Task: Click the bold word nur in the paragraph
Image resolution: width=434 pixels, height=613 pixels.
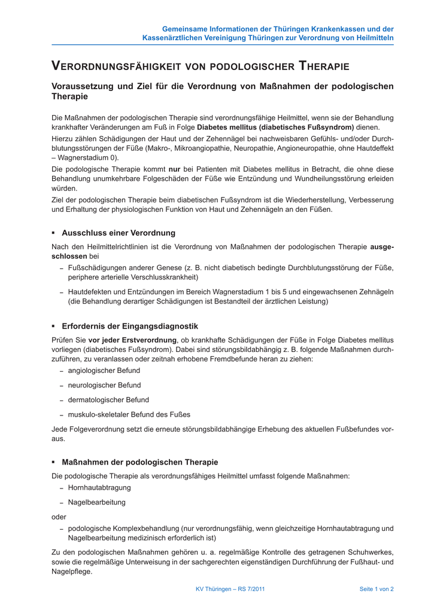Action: (175, 169)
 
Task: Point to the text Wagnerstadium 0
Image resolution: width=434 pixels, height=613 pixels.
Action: (87, 158)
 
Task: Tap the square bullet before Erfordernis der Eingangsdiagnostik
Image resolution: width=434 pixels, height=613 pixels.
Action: (53, 326)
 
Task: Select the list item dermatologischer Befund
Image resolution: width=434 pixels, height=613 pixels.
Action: (108, 399)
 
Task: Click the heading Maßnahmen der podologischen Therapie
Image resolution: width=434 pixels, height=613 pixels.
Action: (140, 462)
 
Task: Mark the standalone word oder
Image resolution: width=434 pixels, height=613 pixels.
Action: (59, 516)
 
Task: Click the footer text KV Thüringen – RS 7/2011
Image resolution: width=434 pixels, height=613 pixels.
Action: (230, 589)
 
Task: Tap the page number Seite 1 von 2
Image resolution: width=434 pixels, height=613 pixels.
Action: (376, 589)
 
